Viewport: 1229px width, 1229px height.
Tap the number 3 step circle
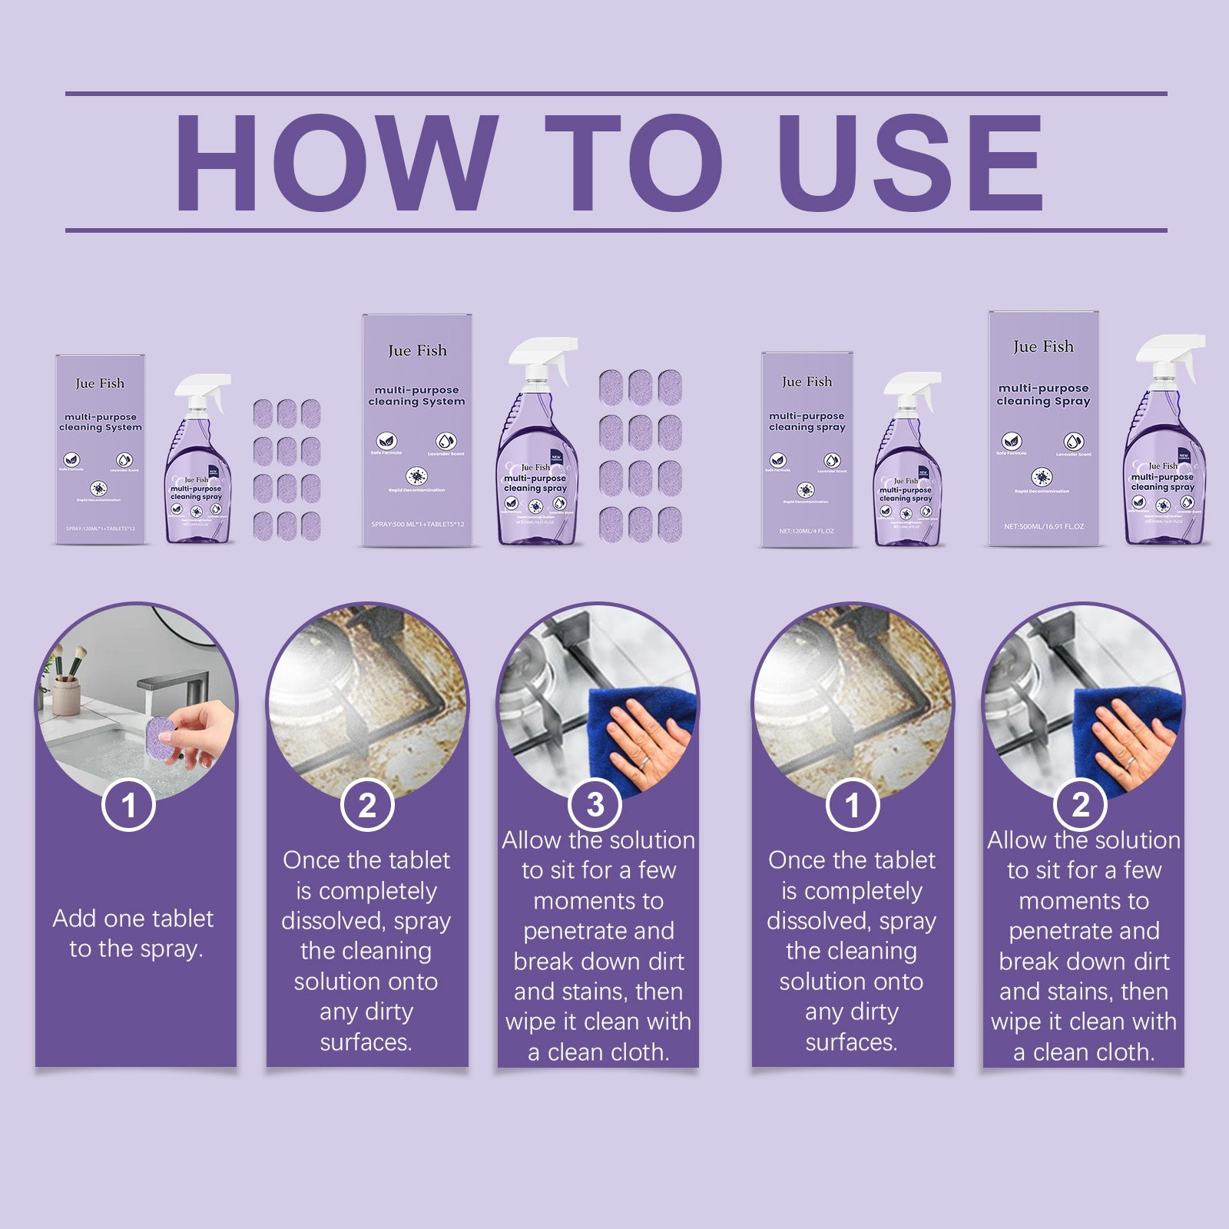point(595,804)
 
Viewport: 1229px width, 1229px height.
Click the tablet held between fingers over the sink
point(162,737)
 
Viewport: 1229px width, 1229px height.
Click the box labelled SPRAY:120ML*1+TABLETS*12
point(100,449)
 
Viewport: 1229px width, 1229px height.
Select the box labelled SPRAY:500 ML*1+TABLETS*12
point(416,430)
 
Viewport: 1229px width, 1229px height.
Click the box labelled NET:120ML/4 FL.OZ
point(807,449)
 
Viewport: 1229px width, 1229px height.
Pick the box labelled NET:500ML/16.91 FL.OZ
point(1043,429)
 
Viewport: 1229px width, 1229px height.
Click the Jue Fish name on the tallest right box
point(1043,346)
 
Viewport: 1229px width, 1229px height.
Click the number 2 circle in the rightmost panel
point(1080,804)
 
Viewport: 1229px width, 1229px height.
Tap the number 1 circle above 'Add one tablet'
point(128,805)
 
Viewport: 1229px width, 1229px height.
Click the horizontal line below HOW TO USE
point(614,229)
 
